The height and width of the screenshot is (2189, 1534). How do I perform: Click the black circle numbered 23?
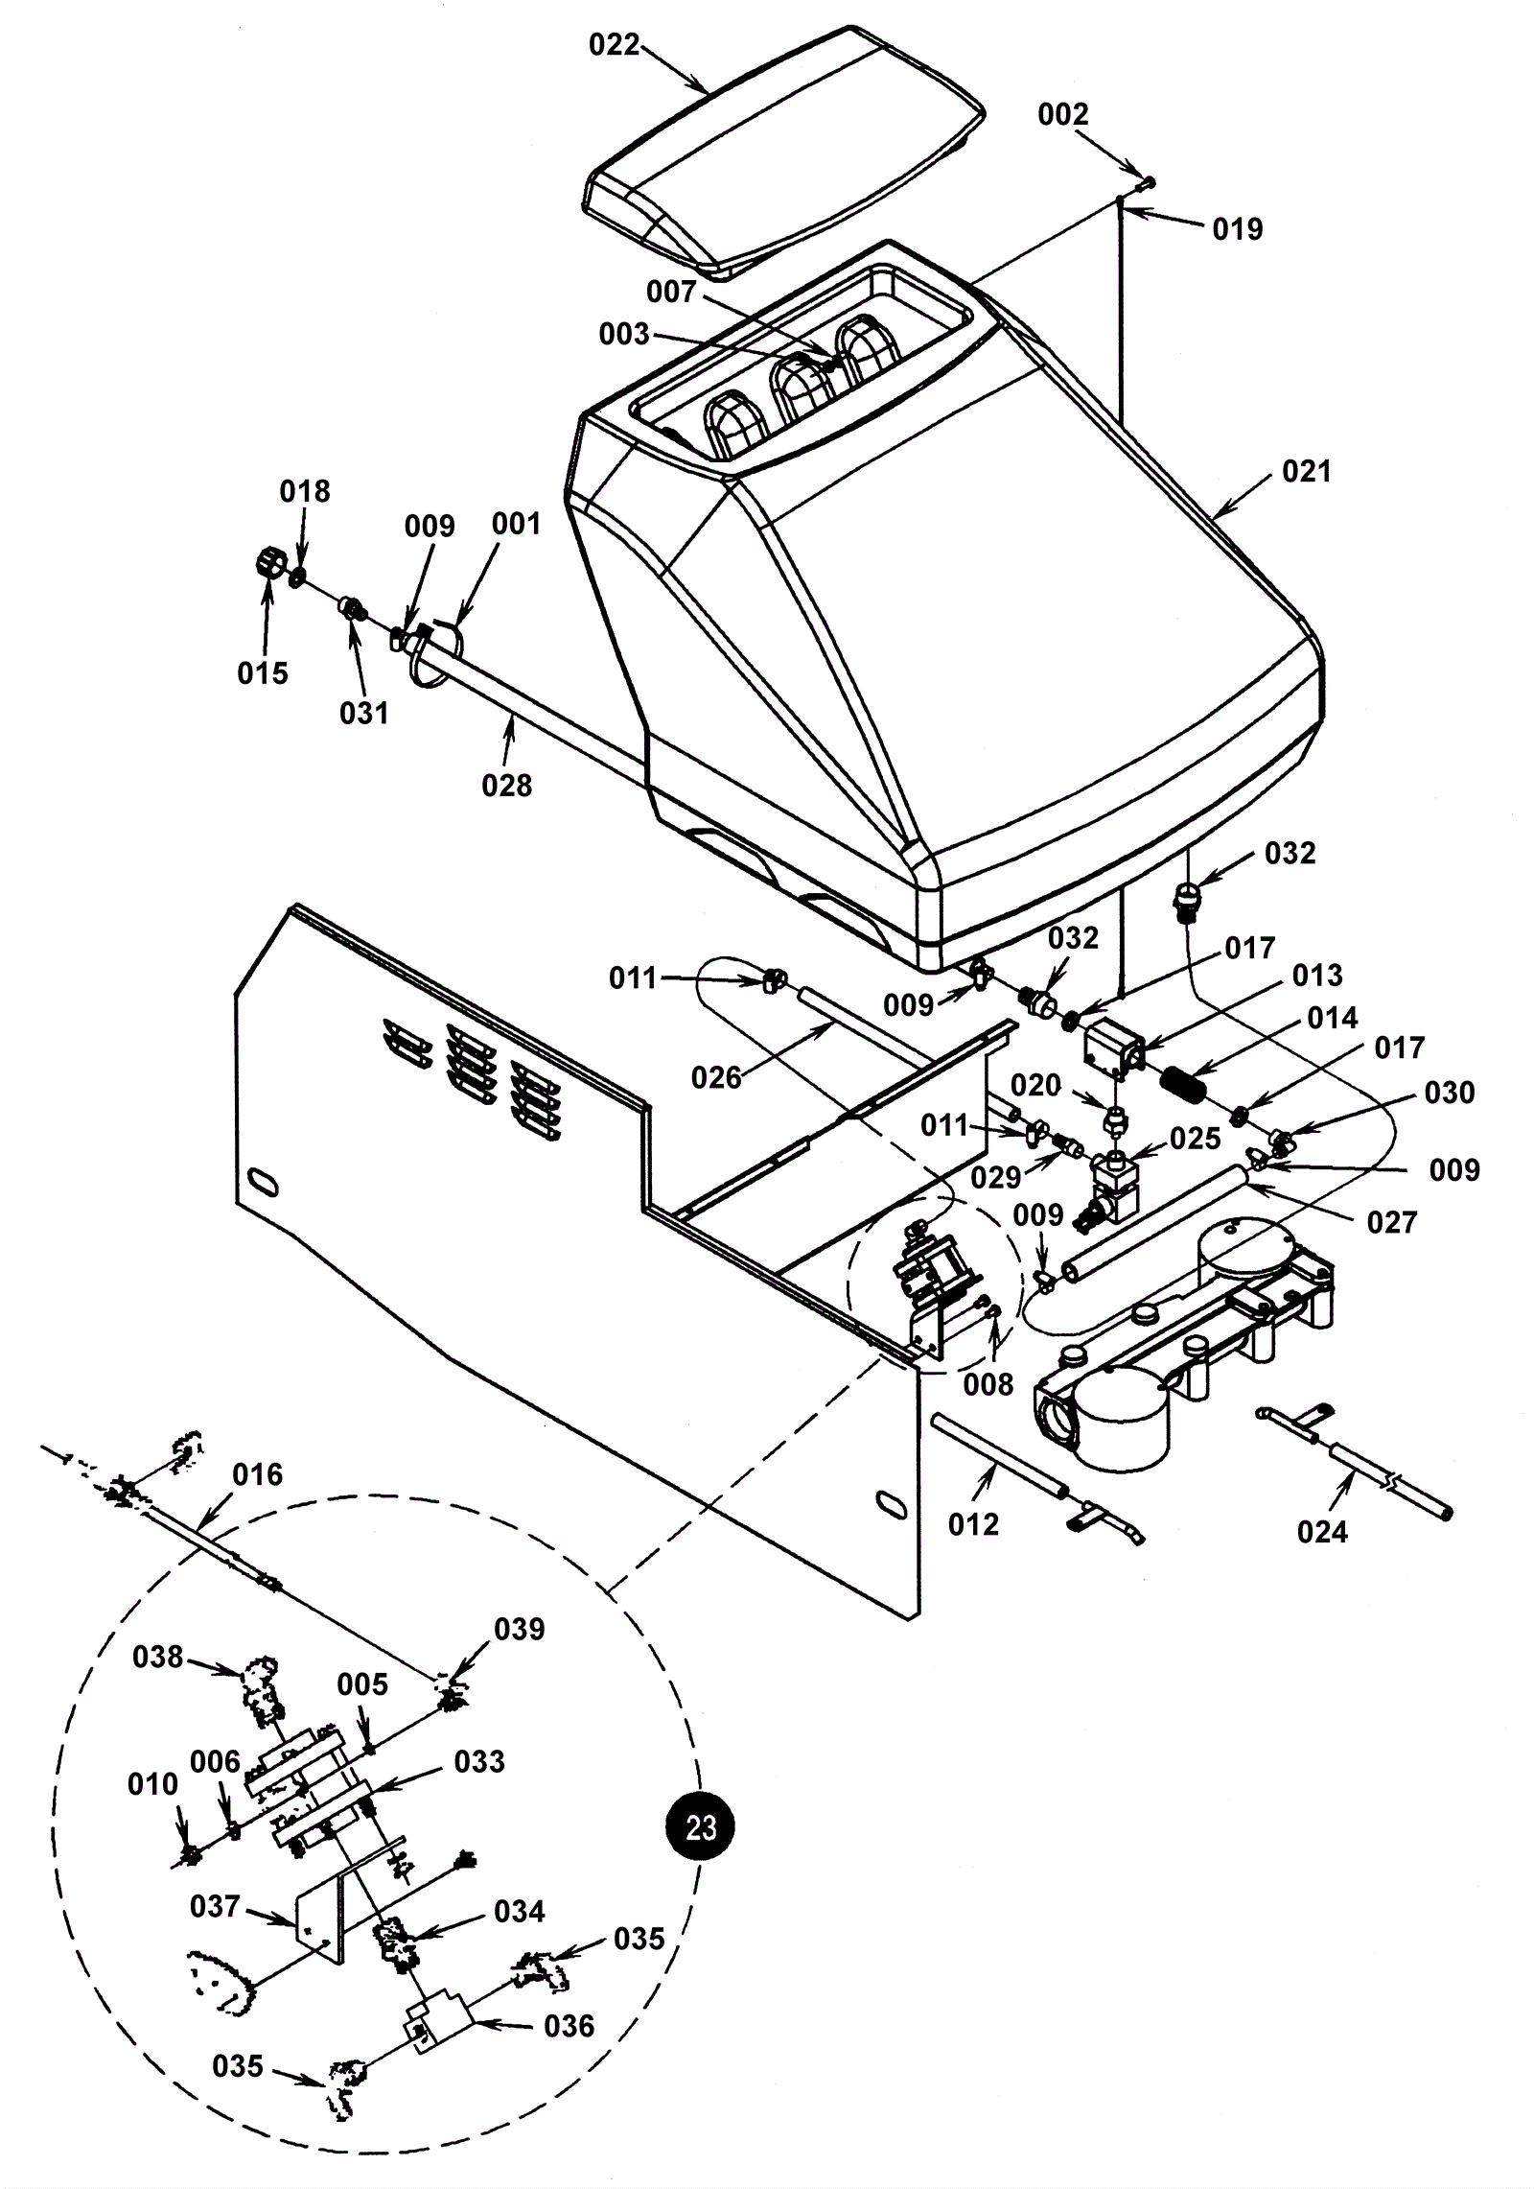coord(701,1828)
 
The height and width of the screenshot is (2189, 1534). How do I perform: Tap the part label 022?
coord(614,45)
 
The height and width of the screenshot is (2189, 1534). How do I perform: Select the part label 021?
coord(1307,471)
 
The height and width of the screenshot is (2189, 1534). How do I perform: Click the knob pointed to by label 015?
coord(266,562)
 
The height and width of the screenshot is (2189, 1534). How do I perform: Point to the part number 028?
coord(506,786)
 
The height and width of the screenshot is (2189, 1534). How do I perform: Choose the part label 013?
coord(1317,975)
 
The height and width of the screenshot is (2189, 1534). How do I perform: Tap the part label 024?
coord(1322,1531)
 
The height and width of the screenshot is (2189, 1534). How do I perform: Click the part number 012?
coord(973,1524)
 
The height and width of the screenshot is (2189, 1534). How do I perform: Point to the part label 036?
coord(569,2026)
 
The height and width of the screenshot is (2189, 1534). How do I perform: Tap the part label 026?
coord(716,1078)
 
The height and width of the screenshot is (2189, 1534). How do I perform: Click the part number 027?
coord(1392,1222)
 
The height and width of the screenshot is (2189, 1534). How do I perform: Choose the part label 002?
coord(1063,114)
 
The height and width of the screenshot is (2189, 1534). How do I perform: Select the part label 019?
coord(1238,228)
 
